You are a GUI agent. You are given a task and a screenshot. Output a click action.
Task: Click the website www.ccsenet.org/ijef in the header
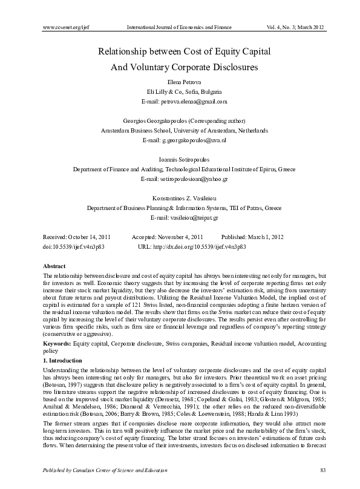click(x=64, y=28)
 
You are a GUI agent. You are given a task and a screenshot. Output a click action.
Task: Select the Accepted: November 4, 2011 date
click(x=167, y=237)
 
